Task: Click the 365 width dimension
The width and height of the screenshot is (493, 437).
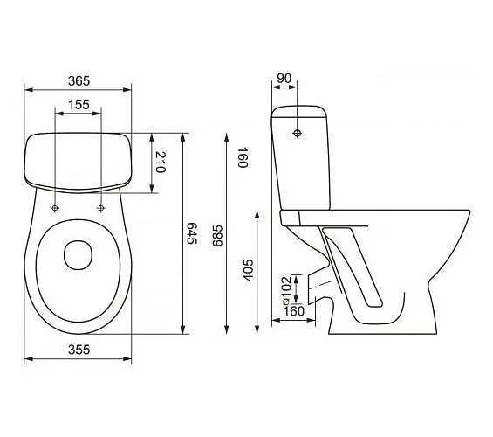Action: click(79, 81)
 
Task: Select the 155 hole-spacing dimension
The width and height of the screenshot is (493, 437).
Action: click(79, 105)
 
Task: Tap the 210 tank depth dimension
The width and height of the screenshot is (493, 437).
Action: click(161, 163)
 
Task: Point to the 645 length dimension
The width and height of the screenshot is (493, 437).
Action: click(191, 233)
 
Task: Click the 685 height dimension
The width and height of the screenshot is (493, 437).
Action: click(217, 235)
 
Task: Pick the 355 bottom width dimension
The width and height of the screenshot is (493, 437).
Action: click(79, 350)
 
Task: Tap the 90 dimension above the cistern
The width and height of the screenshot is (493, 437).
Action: click(284, 79)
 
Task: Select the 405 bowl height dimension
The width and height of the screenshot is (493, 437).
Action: click(249, 270)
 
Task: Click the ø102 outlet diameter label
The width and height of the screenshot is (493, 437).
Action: click(286, 290)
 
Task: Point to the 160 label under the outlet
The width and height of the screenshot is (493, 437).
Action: click(294, 311)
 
